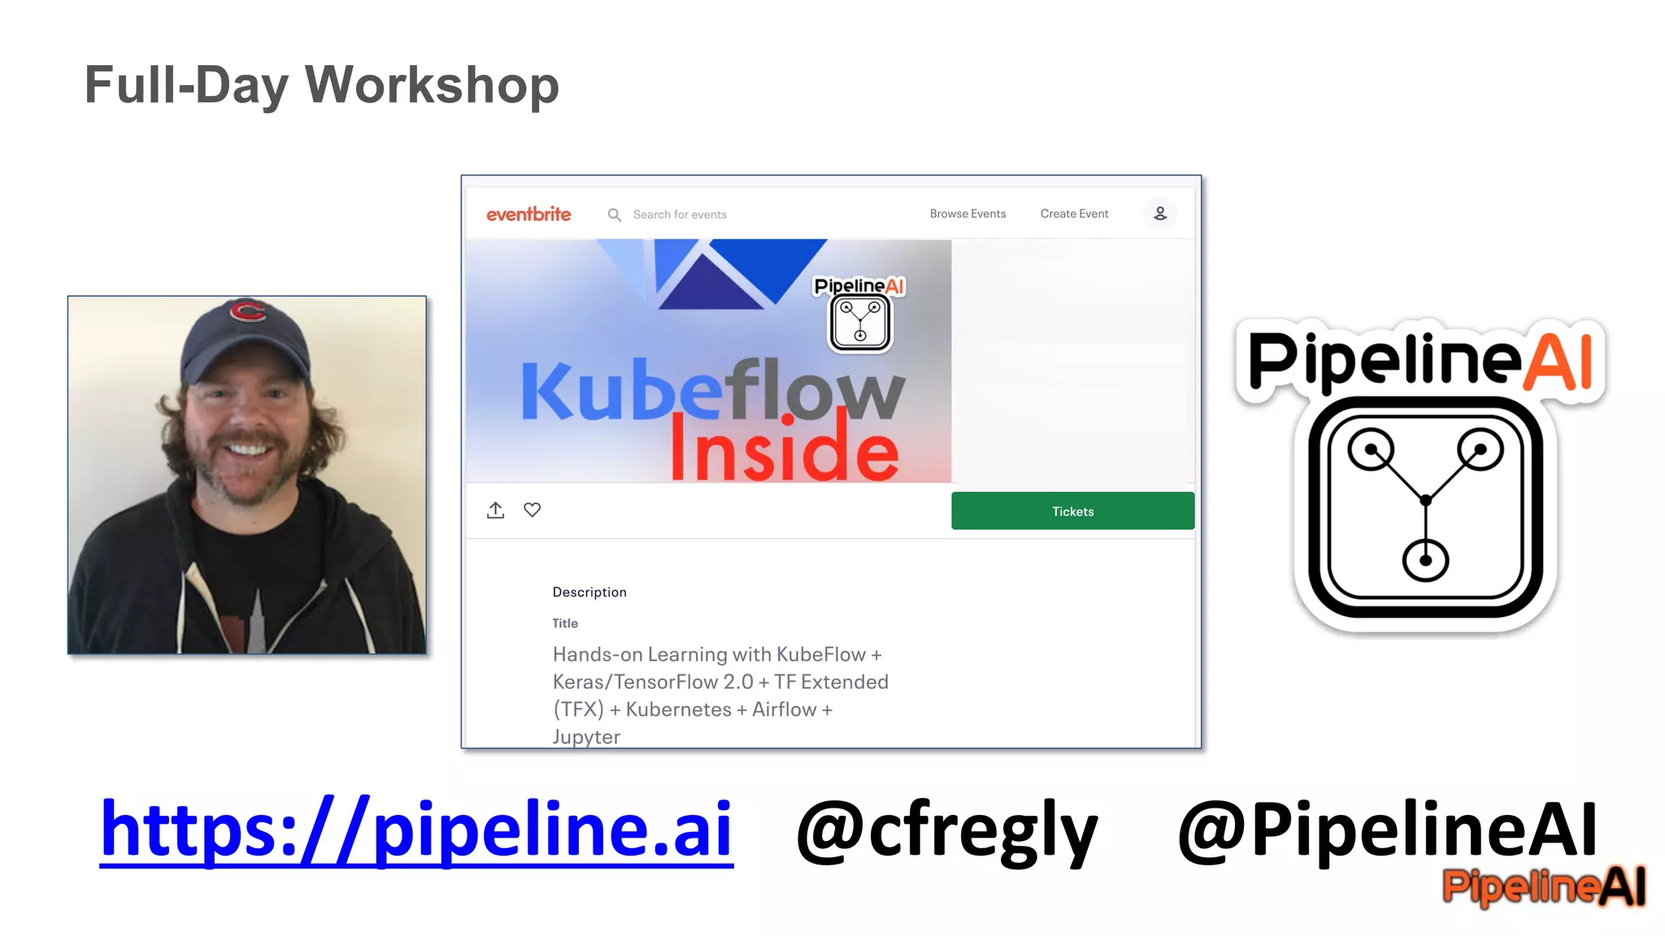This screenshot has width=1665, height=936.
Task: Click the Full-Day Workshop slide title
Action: pyautogui.click(x=321, y=85)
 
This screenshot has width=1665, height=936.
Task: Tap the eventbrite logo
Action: pyautogui.click(x=528, y=214)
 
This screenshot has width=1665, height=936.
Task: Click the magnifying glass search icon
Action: pyautogui.click(x=615, y=214)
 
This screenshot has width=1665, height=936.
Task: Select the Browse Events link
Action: pyautogui.click(x=967, y=214)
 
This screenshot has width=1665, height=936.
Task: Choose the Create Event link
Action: pyautogui.click(x=1074, y=214)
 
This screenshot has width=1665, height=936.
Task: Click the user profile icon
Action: pyautogui.click(x=1160, y=214)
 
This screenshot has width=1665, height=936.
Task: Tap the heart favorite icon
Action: pyautogui.click(x=532, y=509)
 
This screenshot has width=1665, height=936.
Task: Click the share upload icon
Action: pyautogui.click(x=495, y=510)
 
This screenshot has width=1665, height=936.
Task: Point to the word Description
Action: pyautogui.click(x=589, y=592)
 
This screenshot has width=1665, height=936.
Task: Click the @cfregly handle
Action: pyautogui.click(x=947, y=830)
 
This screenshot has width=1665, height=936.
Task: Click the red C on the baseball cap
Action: pyautogui.click(x=247, y=310)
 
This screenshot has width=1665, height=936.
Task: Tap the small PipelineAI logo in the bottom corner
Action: pyautogui.click(x=1544, y=886)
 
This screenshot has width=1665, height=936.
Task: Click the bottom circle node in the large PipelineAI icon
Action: pyautogui.click(x=1425, y=560)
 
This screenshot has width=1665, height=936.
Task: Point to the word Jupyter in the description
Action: pyautogui.click(x=586, y=737)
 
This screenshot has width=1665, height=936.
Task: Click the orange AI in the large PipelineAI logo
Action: pyautogui.click(x=1557, y=362)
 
